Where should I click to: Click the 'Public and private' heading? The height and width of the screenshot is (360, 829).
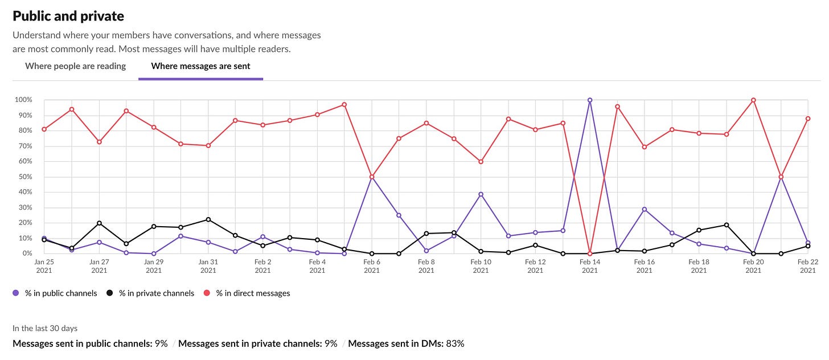coord(68,16)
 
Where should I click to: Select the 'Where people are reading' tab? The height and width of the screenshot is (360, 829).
coord(75,66)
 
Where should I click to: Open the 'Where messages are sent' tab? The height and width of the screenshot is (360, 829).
coord(200,66)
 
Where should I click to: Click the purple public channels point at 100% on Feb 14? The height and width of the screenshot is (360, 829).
coord(590,100)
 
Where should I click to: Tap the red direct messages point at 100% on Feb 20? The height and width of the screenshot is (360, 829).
coord(753,100)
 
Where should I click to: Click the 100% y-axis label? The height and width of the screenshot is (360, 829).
coord(23,100)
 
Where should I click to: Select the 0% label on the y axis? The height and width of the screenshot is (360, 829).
coord(26,253)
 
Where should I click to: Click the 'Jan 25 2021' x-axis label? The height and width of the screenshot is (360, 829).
coord(44,266)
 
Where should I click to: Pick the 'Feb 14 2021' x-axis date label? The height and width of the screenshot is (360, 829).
coord(590,266)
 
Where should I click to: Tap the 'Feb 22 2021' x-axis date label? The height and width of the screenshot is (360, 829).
coord(808,266)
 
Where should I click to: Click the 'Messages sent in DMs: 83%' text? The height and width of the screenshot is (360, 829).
coord(406,343)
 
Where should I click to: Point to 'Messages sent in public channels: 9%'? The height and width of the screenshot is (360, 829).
coord(90,343)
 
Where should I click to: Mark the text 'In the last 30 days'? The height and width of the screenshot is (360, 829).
coord(45,329)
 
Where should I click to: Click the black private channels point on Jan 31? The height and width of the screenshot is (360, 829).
coord(208,219)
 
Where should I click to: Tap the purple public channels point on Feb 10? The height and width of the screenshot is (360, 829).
coord(481,194)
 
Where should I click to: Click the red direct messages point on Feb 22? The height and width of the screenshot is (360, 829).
coord(808,118)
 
